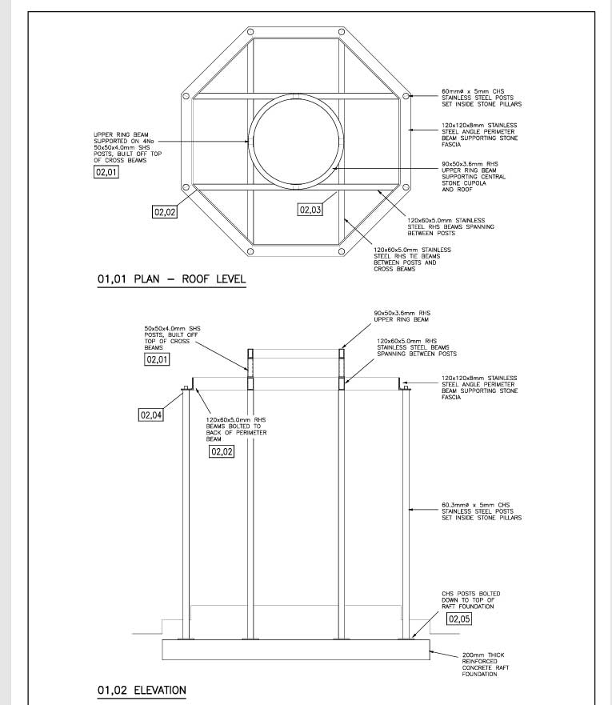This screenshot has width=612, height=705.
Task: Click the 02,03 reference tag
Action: coord(310,210)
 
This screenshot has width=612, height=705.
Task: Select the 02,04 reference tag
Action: coord(151,415)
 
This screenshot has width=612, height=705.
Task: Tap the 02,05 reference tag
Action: coord(459,619)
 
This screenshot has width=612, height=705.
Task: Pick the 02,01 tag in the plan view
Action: coord(106,171)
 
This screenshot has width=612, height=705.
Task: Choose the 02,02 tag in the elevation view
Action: coord(221,451)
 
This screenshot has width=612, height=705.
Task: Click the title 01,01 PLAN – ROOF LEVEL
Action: coord(171,279)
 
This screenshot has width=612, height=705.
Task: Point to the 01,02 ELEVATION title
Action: coord(142,690)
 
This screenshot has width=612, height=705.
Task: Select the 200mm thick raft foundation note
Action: coord(485,664)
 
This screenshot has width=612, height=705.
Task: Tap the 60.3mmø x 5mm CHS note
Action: coord(481,511)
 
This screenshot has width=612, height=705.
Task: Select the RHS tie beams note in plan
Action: coord(412,259)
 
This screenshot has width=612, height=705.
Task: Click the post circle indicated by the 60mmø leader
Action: coord(406,96)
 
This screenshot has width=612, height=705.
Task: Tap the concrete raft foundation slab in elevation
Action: coord(296,649)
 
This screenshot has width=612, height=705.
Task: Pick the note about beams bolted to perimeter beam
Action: coord(236,429)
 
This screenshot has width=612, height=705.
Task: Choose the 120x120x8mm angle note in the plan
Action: coord(479,134)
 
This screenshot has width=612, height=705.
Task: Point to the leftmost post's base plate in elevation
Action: coord(186,638)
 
